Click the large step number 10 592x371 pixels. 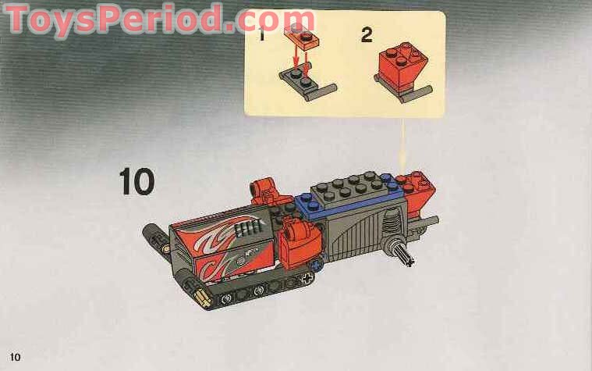136,181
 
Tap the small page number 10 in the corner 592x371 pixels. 15,357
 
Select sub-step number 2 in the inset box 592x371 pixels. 367,35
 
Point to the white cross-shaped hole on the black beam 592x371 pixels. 308,279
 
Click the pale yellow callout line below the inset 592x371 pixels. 403,143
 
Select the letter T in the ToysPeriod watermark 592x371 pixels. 17,19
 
